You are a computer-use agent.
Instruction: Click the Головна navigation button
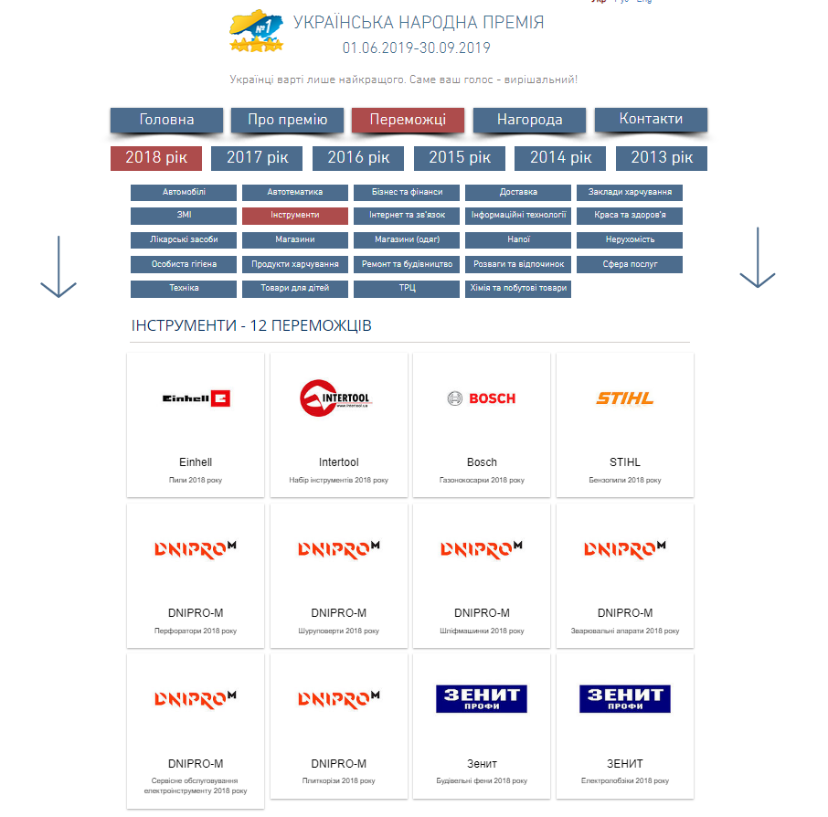coord(166,120)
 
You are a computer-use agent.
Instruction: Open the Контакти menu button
coord(651,119)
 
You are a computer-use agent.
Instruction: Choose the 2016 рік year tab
coord(358,157)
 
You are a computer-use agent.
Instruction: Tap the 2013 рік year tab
coord(661,157)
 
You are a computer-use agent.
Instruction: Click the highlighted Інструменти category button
coord(295,216)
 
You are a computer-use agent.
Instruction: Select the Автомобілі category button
coord(184,193)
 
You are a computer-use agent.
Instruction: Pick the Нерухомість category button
coord(629,240)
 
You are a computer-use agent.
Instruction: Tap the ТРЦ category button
coord(407,289)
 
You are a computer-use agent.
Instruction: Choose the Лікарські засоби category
coord(184,240)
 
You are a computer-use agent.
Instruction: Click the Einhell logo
coord(196,398)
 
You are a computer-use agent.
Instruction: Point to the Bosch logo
coord(482,398)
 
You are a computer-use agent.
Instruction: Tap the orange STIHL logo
coord(624,398)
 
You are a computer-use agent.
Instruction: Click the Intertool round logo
coord(336,398)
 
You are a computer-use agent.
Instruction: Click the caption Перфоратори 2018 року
coord(196,631)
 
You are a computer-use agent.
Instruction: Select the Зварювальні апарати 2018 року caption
coord(625,631)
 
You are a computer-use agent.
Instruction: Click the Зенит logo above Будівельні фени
coord(482,699)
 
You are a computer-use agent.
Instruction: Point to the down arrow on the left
coord(58,267)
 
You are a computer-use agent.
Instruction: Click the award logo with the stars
coord(257,32)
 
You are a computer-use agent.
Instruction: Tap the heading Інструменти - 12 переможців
coord(251,326)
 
